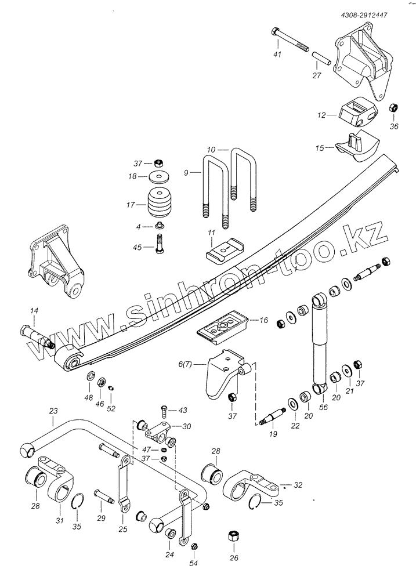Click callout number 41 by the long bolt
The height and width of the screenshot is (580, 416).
point(277,55)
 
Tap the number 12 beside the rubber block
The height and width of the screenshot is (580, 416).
point(321,115)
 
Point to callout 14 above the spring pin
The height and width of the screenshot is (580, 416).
point(34,311)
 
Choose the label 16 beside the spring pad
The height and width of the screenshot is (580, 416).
point(264,320)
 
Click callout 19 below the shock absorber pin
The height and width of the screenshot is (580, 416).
point(273,434)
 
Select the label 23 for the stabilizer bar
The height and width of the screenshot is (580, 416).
point(53,411)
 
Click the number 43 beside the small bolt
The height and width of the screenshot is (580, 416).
point(183,410)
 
